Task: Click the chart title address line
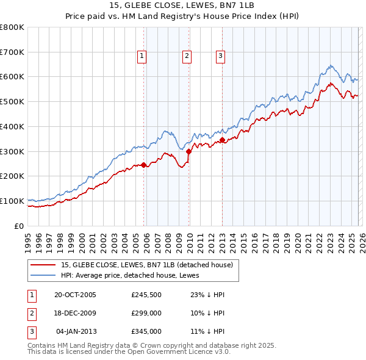tap(183, 5)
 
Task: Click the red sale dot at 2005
tap(144, 165)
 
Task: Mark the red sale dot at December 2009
tap(188, 151)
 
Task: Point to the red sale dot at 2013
tap(222, 140)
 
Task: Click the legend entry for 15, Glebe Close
tap(147, 265)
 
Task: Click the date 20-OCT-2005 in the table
tap(75, 295)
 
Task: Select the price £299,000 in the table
tap(146, 313)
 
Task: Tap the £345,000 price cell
tap(146, 331)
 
